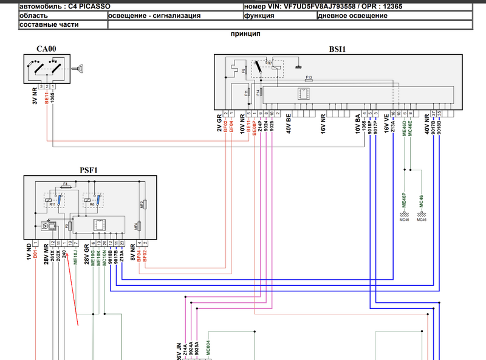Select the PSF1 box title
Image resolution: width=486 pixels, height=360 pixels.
(89, 170)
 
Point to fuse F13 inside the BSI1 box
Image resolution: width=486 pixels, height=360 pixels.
(309, 78)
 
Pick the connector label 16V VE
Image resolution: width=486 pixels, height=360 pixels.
(386, 124)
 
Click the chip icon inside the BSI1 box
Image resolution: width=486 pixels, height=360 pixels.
(301, 94)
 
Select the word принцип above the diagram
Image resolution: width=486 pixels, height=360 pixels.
(246, 35)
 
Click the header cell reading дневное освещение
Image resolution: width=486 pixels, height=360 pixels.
(352, 15)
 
